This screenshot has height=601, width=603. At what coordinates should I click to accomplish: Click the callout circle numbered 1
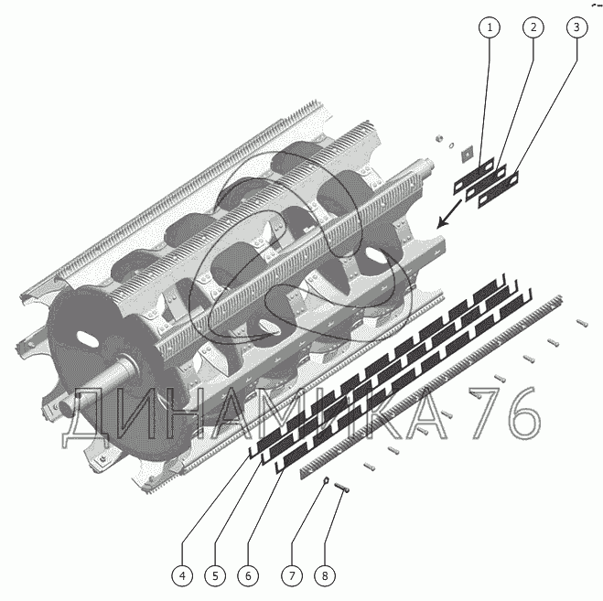tap(490, 27)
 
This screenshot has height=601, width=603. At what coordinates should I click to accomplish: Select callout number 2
tap(533, 27)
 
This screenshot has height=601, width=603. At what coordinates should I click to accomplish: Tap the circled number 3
tap(576, 27)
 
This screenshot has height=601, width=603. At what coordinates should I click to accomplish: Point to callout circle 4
tap(182, 575)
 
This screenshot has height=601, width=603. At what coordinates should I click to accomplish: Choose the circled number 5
tap(215, 575)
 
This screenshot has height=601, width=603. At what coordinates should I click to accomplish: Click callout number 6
tap(248, 575)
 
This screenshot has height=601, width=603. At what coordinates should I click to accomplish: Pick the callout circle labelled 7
tap(292, 575)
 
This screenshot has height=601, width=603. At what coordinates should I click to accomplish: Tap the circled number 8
tap(325, 575)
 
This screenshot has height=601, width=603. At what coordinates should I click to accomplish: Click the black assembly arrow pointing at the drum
tap(449, 213)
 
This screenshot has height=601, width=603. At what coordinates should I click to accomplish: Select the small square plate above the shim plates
tap(467, 154)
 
